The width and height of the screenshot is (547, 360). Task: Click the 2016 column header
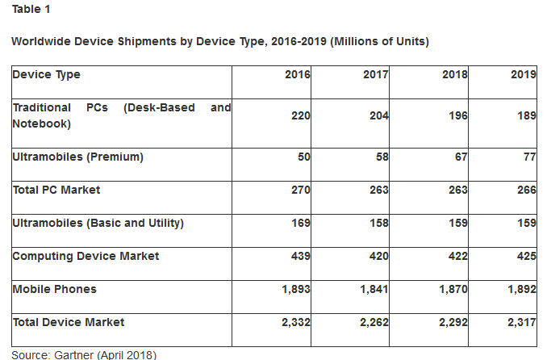click(x=298, y=75)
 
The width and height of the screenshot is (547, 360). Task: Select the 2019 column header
click(x=524, y=75)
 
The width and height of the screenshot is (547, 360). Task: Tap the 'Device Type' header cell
click(x=46, y=75)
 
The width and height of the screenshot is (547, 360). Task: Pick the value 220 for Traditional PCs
click(x=300, y=115)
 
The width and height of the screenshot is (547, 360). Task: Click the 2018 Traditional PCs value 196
click(x=457, y=115)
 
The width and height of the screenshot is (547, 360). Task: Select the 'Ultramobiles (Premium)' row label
click(x=77, y=157)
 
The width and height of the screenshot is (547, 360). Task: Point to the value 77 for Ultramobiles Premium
click(x=529, y=157)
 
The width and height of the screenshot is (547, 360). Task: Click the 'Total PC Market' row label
click(x=56, y=190)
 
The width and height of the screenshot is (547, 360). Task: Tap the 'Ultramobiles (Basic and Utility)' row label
click(x=98, y=224)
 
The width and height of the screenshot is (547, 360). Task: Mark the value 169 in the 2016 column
click(x=300, y=224)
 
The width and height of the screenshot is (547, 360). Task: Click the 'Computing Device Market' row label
click(x=86, y=257)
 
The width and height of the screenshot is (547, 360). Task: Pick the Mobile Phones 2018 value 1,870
click(x=452, y=290)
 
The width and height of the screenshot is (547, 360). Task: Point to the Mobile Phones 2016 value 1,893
click(x=295, y=290)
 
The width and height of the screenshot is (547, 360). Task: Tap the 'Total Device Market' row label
click(x=69, y=323)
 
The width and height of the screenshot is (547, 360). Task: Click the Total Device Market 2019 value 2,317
click(x=520, y=323)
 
